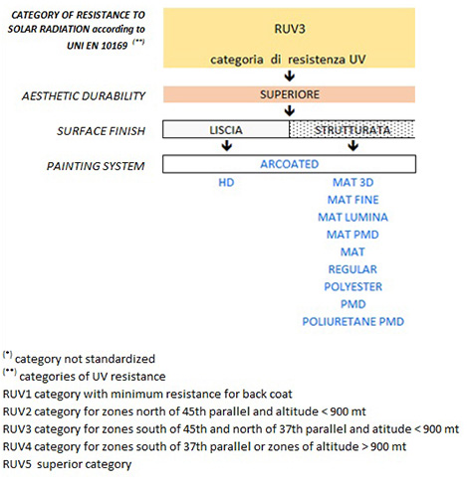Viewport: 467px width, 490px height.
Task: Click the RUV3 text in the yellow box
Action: tap(290, 29)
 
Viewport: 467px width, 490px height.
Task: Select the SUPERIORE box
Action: tap(289, 94)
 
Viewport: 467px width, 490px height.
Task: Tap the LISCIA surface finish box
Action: tap(226, 129)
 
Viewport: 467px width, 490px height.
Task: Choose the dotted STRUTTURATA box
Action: tap(352, 129)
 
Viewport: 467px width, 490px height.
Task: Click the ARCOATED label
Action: tap(290, 164)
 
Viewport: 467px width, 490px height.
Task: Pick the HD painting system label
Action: tap(226, 182)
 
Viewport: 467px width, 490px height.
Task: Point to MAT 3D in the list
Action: tap(353, 182)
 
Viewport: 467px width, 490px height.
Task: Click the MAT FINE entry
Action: tap(353, 200)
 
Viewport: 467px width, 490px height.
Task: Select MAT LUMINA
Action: tap(353, 217)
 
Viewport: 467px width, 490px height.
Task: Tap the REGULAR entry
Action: tap(352, 269)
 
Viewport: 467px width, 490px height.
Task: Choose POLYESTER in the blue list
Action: tap(353, 286)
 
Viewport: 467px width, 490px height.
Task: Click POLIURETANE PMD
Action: tap(353, 321)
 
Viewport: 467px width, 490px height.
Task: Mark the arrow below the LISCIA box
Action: tap(227, 145)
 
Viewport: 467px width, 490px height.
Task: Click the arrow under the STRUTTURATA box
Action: tap(353, 145)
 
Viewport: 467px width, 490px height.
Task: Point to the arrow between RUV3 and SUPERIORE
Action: tap(290, 77)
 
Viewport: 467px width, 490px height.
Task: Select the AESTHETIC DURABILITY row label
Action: tap(84, 96)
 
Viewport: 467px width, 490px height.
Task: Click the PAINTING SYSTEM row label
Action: tap(96, 166)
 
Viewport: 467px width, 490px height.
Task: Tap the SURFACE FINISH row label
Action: tap(102, 131)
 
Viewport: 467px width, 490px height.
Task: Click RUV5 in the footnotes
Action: tap(17, 464)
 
